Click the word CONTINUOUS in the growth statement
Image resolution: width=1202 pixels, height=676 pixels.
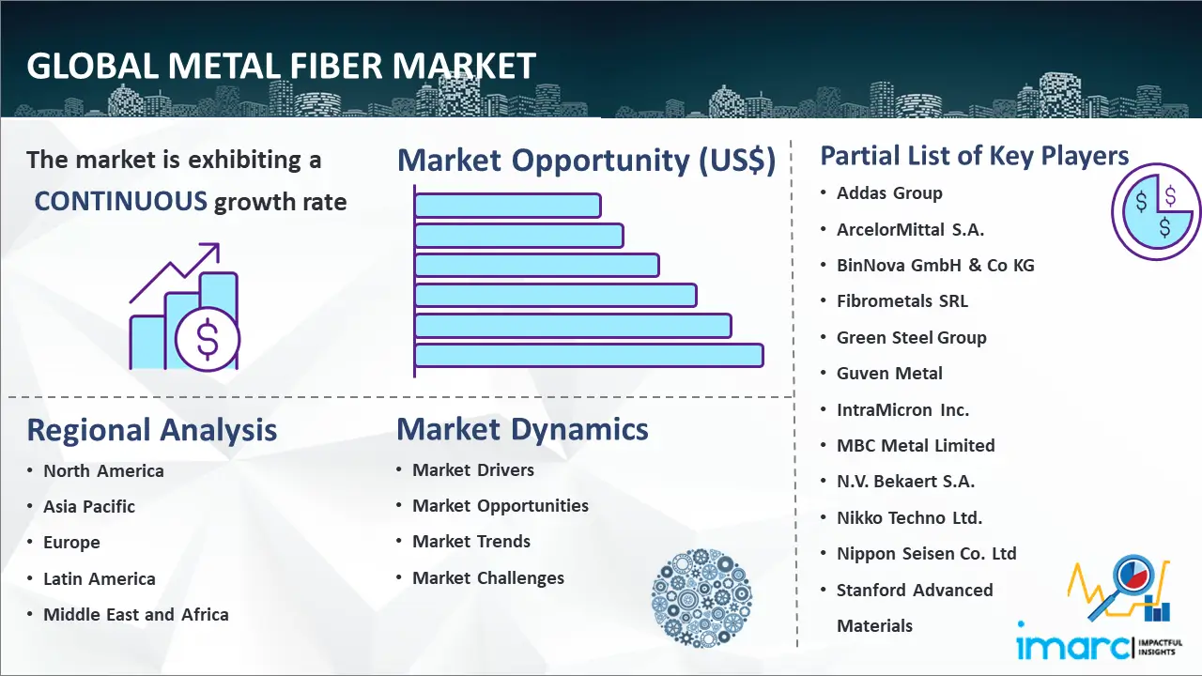pyautogui.click(x=121, y=202)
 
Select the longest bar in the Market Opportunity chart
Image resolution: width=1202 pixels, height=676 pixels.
pyautogui.click(x=589, y=356)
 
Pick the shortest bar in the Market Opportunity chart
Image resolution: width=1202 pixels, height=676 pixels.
pyautogui.click(x=508, y=206)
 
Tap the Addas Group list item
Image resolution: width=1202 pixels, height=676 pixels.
pyautogui.click(x=889, y=193)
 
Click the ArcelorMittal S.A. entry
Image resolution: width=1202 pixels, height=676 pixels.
pyautogui.click(x=910, y=230)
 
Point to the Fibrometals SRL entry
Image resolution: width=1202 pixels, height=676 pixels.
pyautogui.click(x=902, y=301)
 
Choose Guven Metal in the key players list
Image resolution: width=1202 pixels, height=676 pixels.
pyautogui.click(x=889, y=374)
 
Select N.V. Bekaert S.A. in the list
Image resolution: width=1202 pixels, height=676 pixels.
pyautogui.click(x=905, y=482)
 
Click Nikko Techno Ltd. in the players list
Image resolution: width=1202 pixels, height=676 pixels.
pyautogui.click(x=909, y=517)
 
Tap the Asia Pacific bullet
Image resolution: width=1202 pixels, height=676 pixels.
pyautogui.click(x=89, y=506)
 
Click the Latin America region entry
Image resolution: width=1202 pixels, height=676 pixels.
pyautogui.click(x=100, y=579)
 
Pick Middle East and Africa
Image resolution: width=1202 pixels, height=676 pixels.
pyautogui.click(x=136, y=615)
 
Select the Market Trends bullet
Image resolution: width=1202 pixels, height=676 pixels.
pyautogui.click(x=471, y=542)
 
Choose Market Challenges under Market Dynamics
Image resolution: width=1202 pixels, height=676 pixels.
pyautogui.click(x=487, y=577)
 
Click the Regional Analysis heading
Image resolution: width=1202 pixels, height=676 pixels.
pyautogui.click(x=152, y=430)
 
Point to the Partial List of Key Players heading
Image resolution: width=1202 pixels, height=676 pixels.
pyautogui.click(x=975, y=156)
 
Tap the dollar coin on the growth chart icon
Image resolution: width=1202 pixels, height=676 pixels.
pyautogui.click(x=208, y=340)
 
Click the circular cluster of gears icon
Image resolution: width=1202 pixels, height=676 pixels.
pyautogui.click(x=701, y=597)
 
